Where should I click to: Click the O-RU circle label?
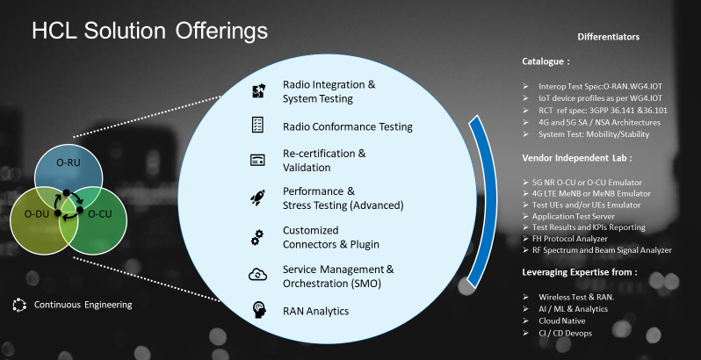tap(69, 162)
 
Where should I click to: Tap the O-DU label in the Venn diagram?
tap(37, 214)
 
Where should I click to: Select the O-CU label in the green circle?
tap(99, 214)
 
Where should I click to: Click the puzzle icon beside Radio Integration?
tap(258, 91)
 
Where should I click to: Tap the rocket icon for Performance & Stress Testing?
tap(257, 198)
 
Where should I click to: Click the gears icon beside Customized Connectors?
tap(257, 237)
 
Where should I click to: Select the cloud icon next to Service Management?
tap(257, 275)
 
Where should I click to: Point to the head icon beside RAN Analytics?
tap(259, 310)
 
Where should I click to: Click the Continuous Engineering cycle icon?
tap(19, 305)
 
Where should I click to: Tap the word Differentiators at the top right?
tap(608, 37)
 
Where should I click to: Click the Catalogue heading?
tap(546, 61)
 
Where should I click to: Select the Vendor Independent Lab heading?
tap(577, 158)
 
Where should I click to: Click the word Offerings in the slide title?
tap(221, 31)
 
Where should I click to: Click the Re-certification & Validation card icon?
tap(257, 160)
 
